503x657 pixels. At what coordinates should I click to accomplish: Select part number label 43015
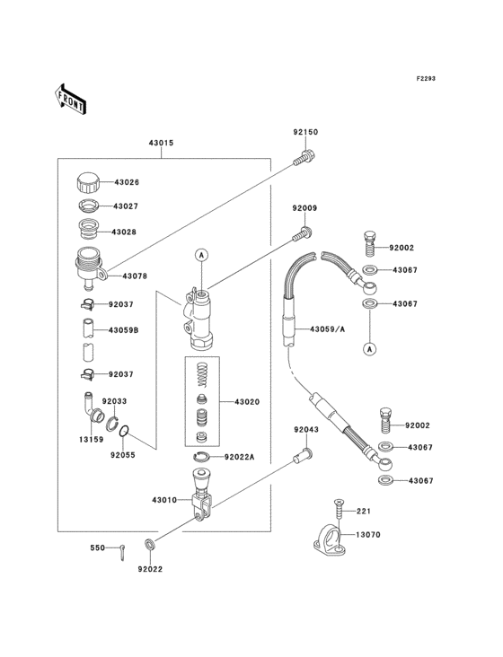point(161,144)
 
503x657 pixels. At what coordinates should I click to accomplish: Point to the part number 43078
point(135,276)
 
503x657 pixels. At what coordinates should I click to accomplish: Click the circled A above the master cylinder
point(202,255)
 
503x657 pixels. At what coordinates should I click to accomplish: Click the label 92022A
point(240,457)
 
